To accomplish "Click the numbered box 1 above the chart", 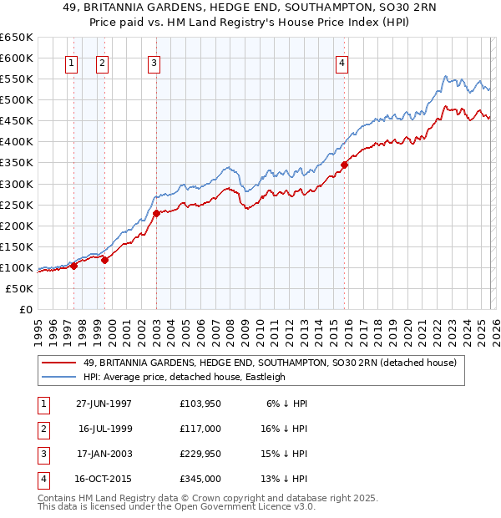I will (x=71, y=62).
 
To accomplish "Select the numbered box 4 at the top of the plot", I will (x=342, y=62).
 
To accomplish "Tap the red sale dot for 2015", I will (x=344, y=165).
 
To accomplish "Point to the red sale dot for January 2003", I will (x=156, y=213).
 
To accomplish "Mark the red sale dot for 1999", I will (x=105, y=260).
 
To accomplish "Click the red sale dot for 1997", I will (x=73, y=266).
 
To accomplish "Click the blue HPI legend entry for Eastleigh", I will (x=185, y=377).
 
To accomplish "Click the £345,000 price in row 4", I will (x=200, y=479).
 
